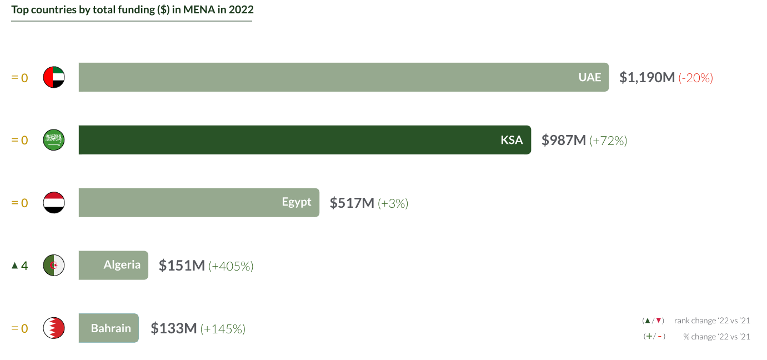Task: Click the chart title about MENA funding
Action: tap(132, 10)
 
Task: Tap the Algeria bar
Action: tap(113, 265)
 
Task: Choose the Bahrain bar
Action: tap(108, 328)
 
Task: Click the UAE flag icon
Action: tap(54, 77)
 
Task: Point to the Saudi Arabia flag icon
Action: tap(54, 140)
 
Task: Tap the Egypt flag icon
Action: tap(54, 203)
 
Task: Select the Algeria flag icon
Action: tap(54, 265)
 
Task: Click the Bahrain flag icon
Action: tap(54, 328)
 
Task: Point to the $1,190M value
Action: tap(647, 77)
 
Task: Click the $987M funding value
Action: tap(564, 140)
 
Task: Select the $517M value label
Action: tap(352, 203)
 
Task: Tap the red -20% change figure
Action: tap(696, 78)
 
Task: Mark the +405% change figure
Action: tap(231, 266)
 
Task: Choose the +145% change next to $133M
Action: tap(223, 329)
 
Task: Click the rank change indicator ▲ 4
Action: tap(19, 266)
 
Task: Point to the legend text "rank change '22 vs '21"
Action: tap(712, 321)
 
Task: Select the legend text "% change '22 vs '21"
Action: tap(716, 337)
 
